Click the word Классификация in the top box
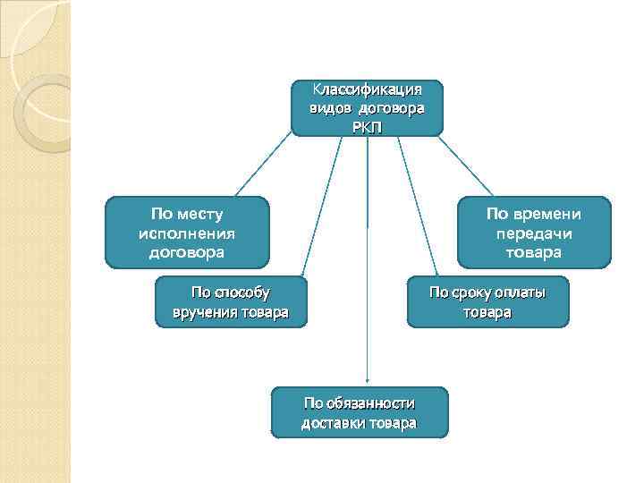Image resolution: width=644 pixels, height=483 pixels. (367, 89)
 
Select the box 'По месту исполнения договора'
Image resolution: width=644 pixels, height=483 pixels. (187, 233)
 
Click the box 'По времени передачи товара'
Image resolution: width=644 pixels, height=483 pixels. (534, 233)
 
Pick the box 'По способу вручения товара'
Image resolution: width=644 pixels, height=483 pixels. (231, 302)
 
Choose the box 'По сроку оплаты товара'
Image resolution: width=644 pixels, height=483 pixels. (487, 302)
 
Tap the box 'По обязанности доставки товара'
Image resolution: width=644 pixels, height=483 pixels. (359, 412)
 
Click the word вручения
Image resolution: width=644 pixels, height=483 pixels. (205, 312)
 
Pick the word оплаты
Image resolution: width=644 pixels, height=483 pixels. (518, 292)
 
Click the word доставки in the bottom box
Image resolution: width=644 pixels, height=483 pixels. (333, 422)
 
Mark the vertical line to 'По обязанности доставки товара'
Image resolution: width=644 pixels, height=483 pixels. (368, 268)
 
